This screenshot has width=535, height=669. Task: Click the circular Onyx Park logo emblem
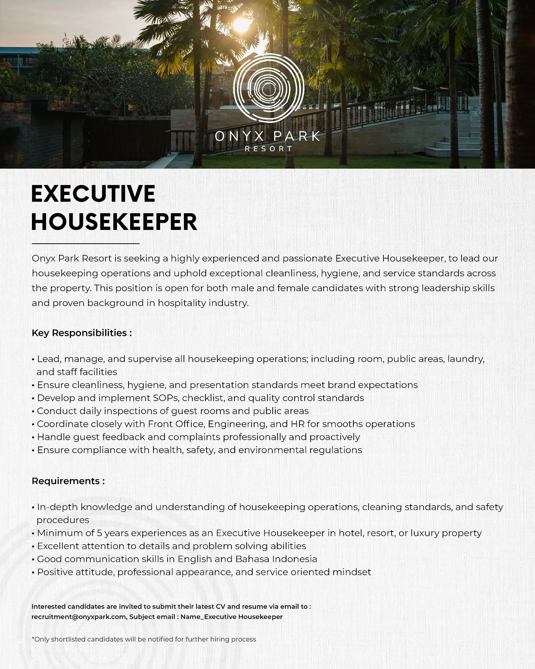269,88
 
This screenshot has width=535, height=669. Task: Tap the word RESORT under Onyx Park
269,149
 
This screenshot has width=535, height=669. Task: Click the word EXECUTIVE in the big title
93,194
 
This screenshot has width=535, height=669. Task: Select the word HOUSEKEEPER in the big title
114,222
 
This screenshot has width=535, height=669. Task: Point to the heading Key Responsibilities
81,333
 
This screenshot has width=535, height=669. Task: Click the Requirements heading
68,481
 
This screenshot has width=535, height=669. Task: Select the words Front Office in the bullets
176,424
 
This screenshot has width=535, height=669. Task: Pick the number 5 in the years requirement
99,533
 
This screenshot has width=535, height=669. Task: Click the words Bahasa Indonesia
276,559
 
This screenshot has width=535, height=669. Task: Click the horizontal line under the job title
85,244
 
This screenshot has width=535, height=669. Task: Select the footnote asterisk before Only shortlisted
33,639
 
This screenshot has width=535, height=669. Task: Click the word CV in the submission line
220,607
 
